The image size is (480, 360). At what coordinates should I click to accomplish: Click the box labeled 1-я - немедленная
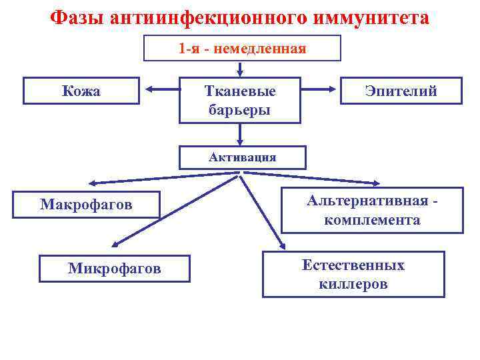pos(242,48)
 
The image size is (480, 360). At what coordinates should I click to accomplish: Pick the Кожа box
pos(81,91)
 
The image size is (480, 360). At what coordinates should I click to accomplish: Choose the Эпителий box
pos(401,91)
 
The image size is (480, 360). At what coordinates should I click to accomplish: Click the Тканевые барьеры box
pos(239,100)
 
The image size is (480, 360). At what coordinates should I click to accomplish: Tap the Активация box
pos(242,158)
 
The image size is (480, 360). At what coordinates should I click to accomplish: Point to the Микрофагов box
pos(114,269)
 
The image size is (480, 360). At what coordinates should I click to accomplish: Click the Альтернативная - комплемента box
pos(372,211)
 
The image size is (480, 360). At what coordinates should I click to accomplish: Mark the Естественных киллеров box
pos(353,274)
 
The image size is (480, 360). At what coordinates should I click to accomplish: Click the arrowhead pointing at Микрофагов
pos(114,245)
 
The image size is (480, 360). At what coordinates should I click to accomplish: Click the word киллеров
pos(353,284)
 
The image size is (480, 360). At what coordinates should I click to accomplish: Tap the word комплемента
pos(372,220)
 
